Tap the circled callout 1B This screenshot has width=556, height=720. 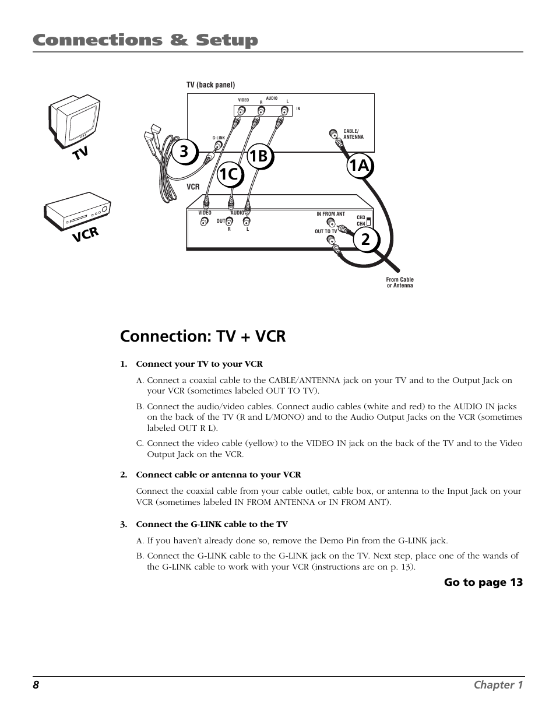261,156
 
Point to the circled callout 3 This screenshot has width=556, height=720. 184,152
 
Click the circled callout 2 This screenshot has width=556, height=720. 365,239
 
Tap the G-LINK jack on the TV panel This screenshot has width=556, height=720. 218,145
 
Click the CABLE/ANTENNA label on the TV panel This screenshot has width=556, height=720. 353,134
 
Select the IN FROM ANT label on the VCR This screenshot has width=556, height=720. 330,214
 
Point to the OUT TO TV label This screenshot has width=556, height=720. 326,231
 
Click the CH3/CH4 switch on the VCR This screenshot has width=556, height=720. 368,221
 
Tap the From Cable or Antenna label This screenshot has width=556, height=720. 400,282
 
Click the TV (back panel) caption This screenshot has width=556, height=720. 210,85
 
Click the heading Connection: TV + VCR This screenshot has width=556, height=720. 203,336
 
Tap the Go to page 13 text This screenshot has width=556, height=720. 483,582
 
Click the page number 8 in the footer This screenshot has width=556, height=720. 36,684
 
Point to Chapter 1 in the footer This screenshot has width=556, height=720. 498,684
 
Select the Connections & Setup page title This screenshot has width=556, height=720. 145,40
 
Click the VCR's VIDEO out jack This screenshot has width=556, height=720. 205,222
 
